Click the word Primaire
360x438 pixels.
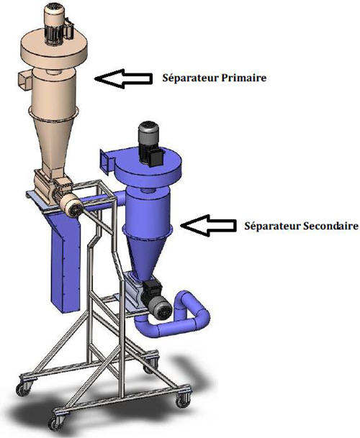click(x=243, y=78)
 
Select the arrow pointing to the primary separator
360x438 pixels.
click(x=123, y=79)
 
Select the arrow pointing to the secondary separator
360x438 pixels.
click(x=208, y=225)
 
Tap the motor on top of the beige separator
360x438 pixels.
click(x=57, y=24)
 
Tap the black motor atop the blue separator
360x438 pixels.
click(x=150, y=145)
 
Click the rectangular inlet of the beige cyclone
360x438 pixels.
click(x=25, y=81)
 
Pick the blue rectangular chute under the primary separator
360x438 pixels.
click(x=65, y=263)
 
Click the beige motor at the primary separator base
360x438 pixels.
click(x=70, y=203)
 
